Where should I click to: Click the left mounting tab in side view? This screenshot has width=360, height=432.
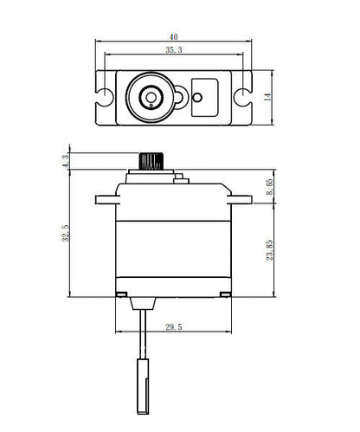pos(106,199)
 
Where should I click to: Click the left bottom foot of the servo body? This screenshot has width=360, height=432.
pos(119,296)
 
